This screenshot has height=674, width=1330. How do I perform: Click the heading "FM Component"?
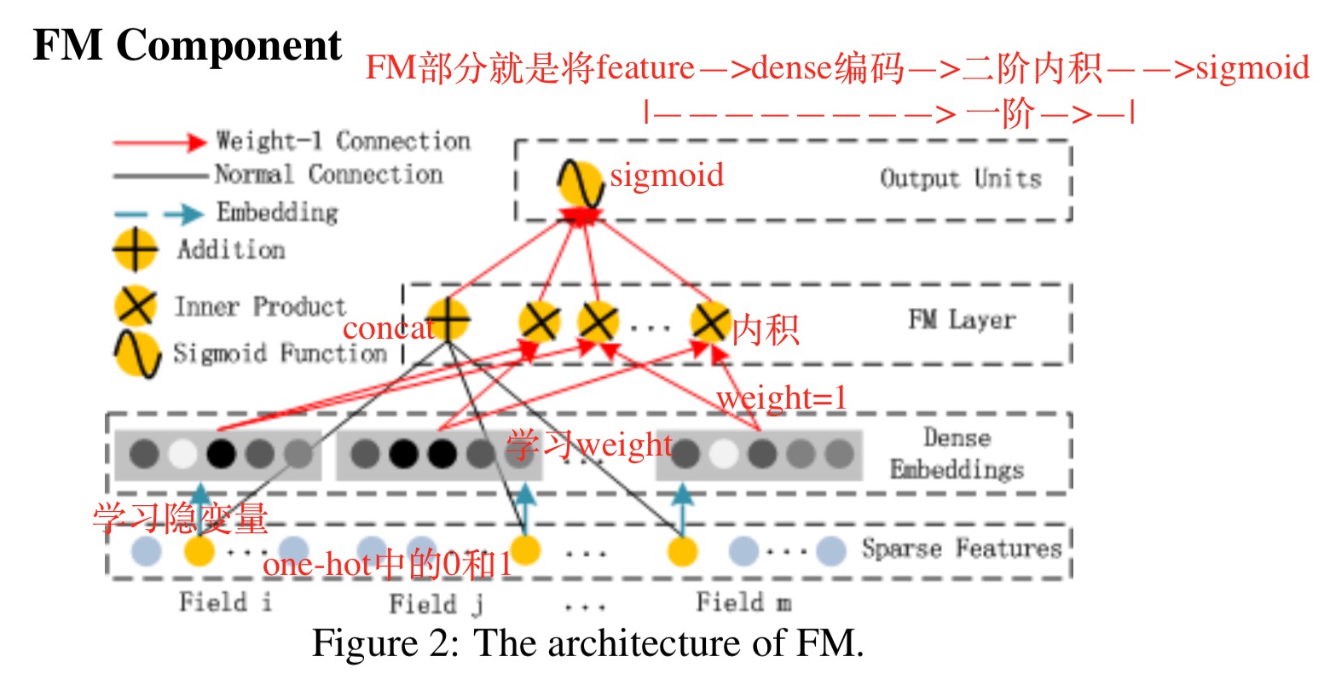tap(187, 46)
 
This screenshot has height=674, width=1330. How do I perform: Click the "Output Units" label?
tap(960, 179)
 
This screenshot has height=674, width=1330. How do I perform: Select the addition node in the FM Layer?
tap(448, 320)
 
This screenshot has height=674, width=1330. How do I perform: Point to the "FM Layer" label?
tap(962, 320)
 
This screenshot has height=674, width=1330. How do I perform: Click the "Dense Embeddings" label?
tap(957, 454)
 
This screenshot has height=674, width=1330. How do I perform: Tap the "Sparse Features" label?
tap(962, 548)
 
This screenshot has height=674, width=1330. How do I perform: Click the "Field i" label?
tap(225, 602)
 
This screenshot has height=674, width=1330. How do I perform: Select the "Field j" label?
tap(436, 604)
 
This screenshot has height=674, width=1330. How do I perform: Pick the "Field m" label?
tap(743, 602)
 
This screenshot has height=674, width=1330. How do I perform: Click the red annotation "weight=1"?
tap(782, 398)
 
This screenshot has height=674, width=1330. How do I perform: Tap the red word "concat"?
tap(388, 328)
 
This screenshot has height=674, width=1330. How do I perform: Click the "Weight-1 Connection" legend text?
tap(343, 141)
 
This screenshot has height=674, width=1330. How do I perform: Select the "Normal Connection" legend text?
tap(328, 175)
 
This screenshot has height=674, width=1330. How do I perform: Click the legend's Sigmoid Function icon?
tap(137, 354)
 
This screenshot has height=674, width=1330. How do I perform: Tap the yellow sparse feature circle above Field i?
tap(199, 551)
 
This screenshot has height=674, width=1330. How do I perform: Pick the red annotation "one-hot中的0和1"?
tap(387, 565)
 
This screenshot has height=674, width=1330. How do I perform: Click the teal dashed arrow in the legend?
tap(159, 214)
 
